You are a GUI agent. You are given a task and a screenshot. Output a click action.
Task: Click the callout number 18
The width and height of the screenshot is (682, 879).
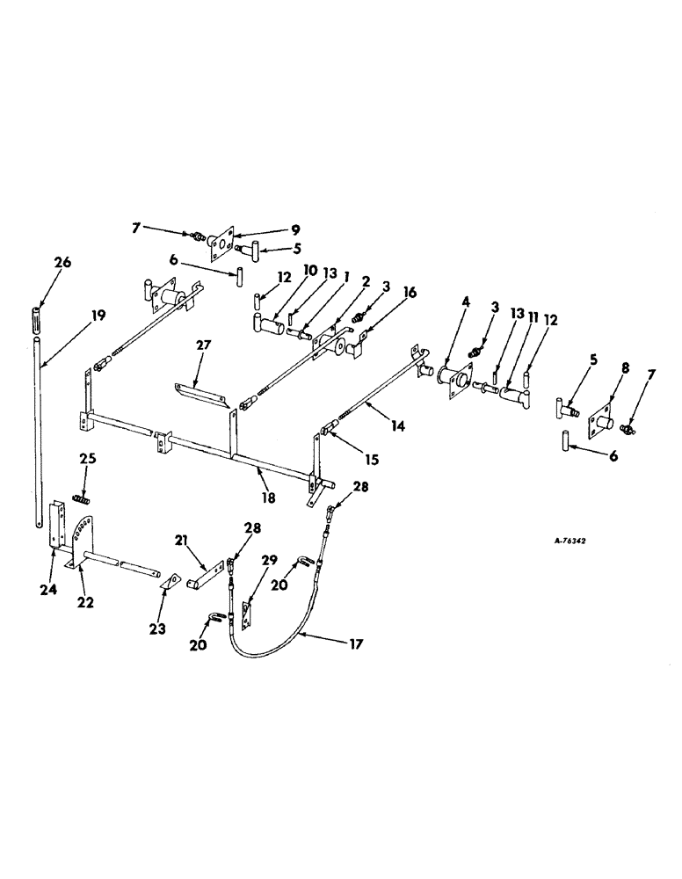pos(268,498)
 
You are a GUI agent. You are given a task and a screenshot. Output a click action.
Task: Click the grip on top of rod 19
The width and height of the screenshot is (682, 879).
pos(37,315)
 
